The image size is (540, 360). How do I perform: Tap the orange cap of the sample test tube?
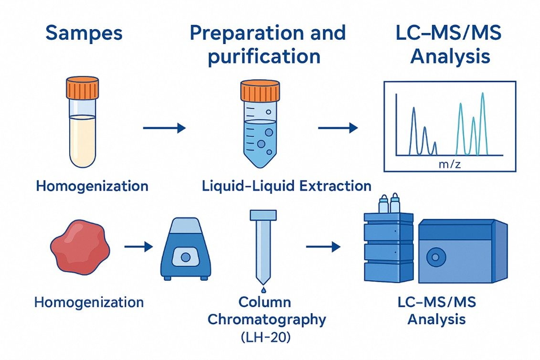(82, 89)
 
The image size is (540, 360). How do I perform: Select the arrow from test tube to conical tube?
(164, 127)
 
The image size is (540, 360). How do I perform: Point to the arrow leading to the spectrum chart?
(338, 127)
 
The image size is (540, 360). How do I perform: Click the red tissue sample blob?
(80, 246)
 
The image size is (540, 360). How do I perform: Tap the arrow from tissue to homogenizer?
(138, 246)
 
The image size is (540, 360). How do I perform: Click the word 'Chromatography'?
(266, 319)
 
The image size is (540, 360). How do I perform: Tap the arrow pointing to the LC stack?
(323, 246)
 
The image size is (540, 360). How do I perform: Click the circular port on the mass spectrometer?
(435, 257)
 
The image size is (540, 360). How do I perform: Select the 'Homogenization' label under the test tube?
(92, 186)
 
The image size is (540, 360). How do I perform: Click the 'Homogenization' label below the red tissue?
(89, 302)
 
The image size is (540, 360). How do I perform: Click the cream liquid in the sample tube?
(82, 141)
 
